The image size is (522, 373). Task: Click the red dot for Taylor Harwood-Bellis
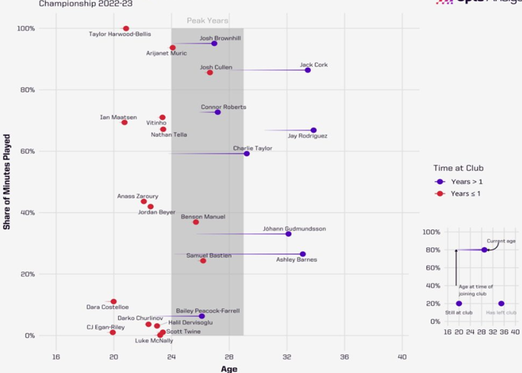pos(126,28)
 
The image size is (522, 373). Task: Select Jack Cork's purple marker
pos(308,70)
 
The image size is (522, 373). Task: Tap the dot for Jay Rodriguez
pos(314,130)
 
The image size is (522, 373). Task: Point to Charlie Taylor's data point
pos(246,154)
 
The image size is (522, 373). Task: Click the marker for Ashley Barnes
pos(303,254)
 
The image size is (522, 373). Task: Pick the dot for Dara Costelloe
pos(114,301)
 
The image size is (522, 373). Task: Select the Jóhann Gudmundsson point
pos(288,234)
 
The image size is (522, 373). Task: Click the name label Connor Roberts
pos(223,107)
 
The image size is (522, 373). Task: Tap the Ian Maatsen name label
pos(117,117)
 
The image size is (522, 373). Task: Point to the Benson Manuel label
pos(203,217)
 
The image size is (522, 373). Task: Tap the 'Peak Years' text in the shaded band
pos(207,21)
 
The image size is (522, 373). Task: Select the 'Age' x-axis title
pos(229,369)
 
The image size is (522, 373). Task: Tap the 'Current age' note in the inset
pos(501,241)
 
